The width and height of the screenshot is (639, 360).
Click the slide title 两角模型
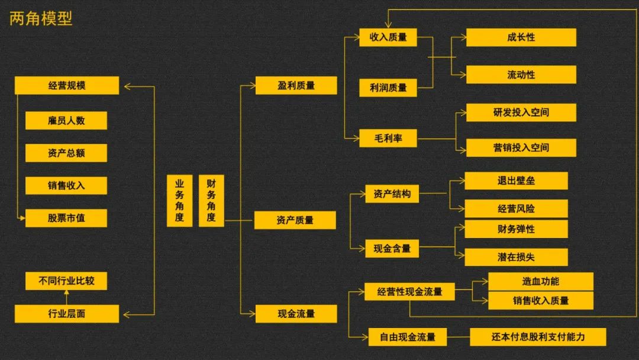click(41, 18)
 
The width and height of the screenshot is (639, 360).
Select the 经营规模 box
click(66, 85)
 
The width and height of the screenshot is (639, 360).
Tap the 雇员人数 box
click(66, 120)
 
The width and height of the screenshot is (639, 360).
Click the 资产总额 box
click(66, 153)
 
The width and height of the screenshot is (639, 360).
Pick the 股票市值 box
click(66, 218)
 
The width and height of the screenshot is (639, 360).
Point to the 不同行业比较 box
click(66, 281)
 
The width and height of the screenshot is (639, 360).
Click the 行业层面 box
click(66, 313)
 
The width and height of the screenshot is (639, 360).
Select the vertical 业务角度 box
click(179, 201)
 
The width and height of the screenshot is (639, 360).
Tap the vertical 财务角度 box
click(211, 201)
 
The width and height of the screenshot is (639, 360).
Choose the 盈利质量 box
click(296, 85)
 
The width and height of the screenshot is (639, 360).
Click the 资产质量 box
click(295, 220)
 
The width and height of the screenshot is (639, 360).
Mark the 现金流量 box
click(296, 313)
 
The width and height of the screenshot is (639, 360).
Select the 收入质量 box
click(388, 37)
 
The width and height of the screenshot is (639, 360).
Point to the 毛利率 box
click(388, 138)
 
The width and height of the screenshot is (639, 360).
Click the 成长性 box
click(521, 37)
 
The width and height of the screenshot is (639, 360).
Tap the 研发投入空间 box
click(521, 112)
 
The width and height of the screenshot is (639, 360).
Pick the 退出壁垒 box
click(516, 181)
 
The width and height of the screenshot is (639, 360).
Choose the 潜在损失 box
click(516, 257)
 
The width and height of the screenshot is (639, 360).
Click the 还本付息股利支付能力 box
click(538, 337)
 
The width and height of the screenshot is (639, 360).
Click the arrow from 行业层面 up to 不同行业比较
click(66, 297)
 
